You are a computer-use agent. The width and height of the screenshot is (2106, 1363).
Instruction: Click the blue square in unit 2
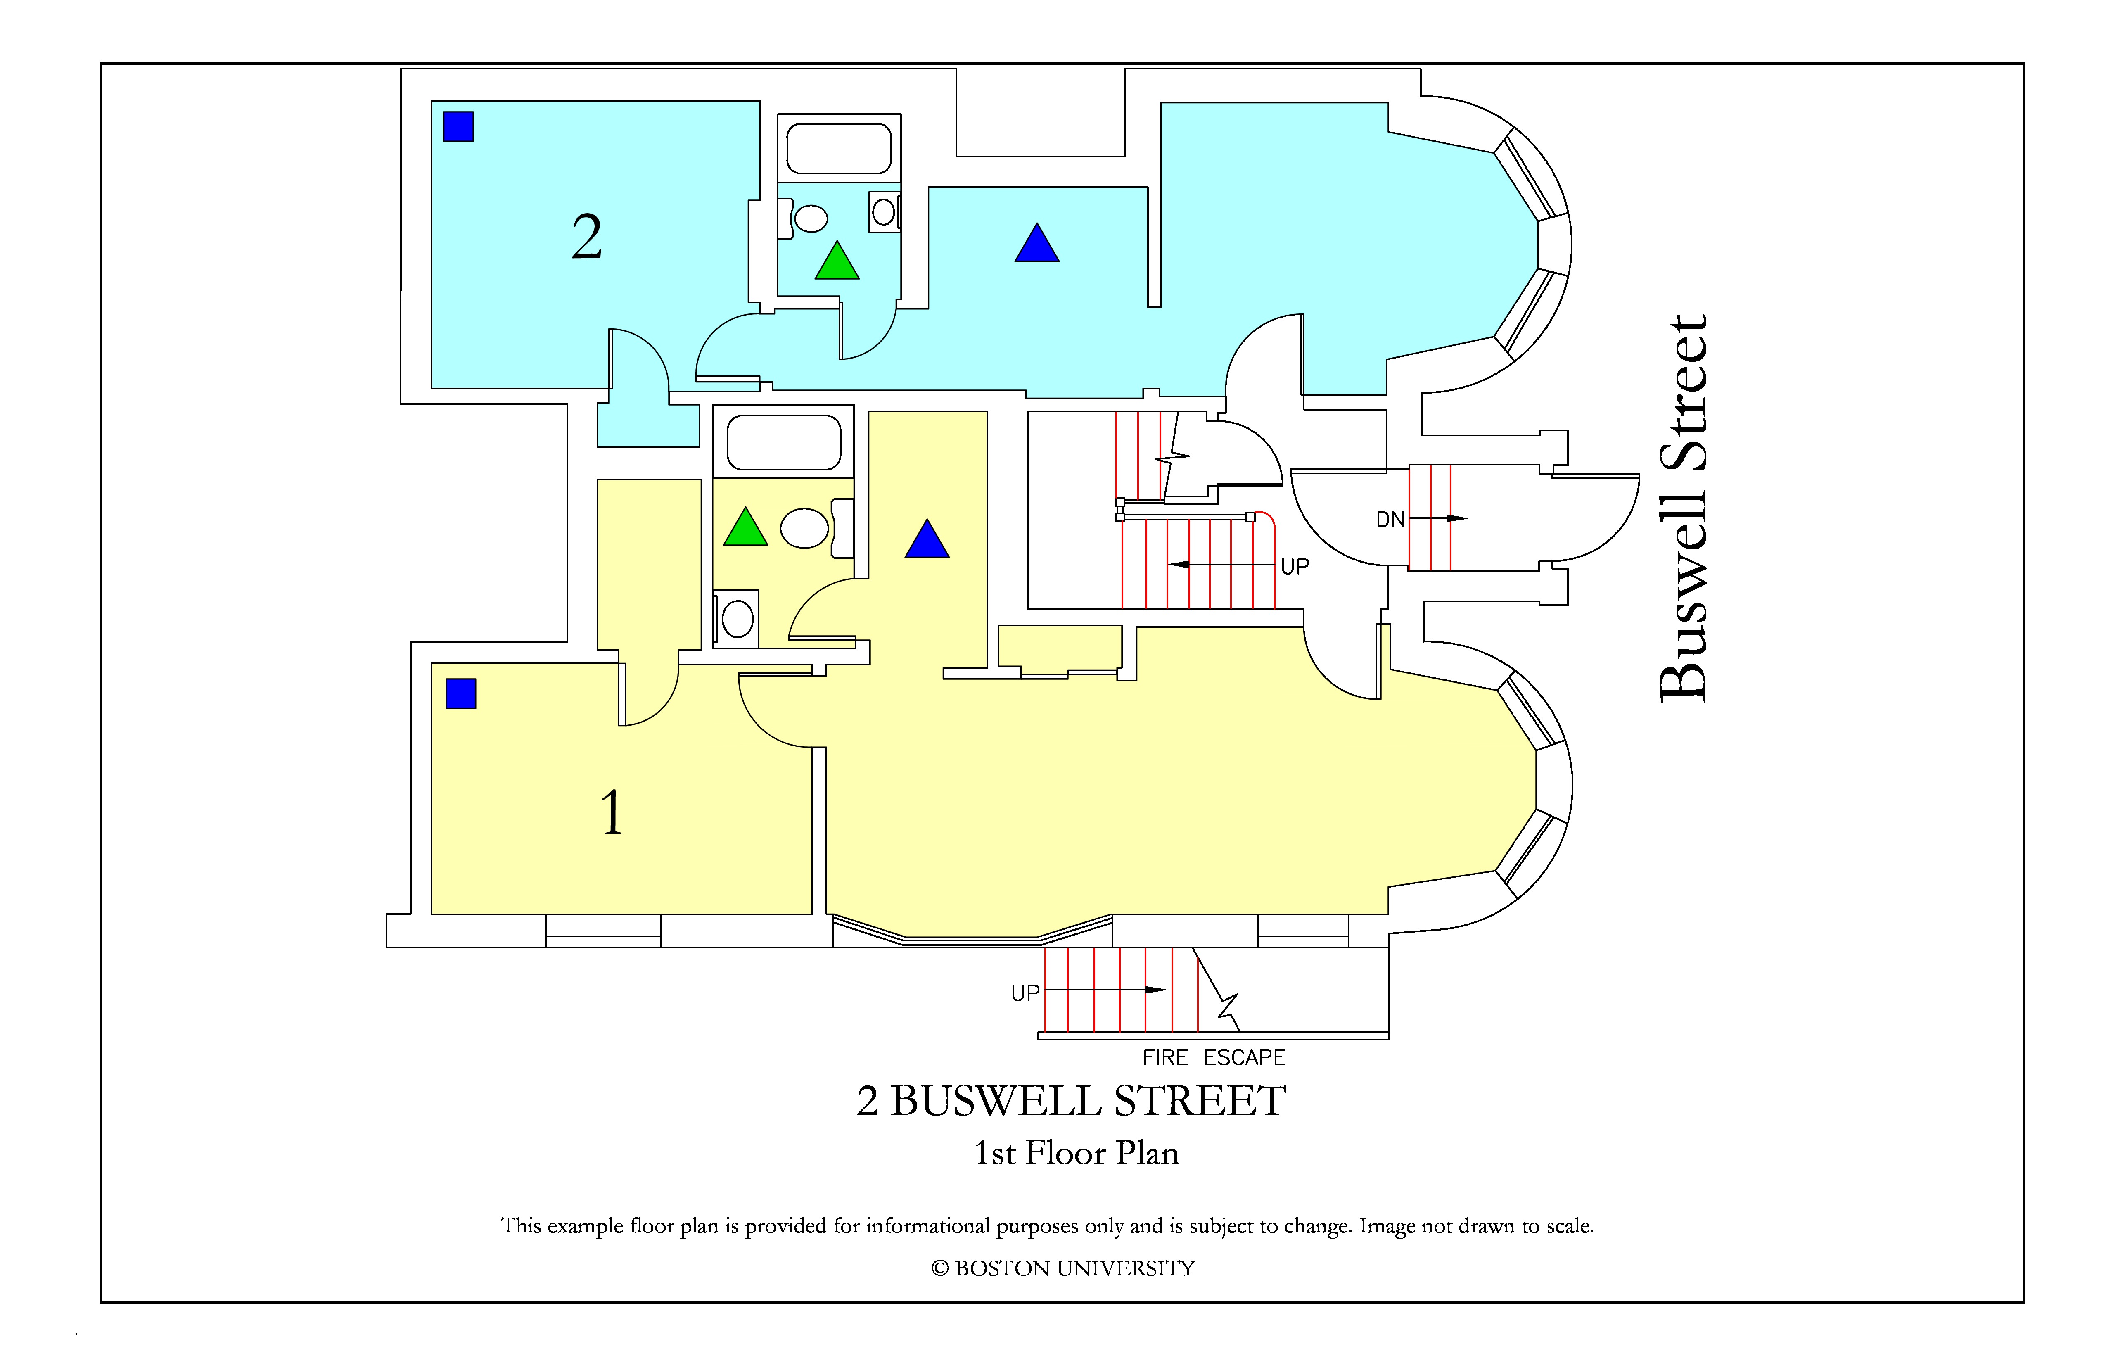tap(458, 126)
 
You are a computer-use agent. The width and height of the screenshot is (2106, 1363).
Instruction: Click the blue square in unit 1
tap(461, 694)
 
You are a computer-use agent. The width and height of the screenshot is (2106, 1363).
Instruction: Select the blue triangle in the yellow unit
tap(927, 541)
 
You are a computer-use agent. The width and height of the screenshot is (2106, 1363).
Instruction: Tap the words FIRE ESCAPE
tap(1213, 1058)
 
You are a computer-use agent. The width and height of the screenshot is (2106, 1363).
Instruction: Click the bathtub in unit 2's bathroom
tap(839, 149)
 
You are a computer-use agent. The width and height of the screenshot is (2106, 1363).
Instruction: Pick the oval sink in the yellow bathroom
tap(804, 528)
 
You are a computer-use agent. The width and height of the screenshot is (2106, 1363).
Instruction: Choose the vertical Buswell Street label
tap(1683, 509)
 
